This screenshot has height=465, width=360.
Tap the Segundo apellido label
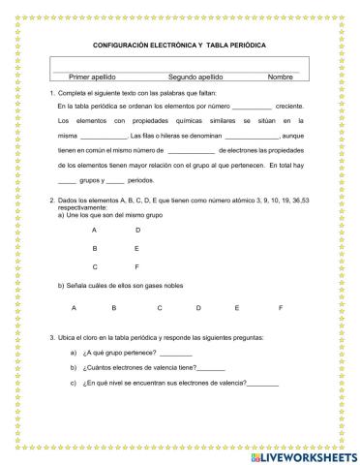195,77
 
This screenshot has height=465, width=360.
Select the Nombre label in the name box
281,77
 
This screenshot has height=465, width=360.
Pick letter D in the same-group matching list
137,230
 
